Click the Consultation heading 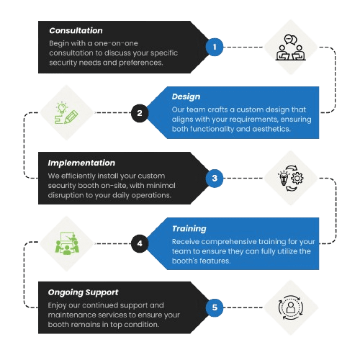(x=75, y=31)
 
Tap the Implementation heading (x=81, y=163)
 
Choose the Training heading (x=189, y=229)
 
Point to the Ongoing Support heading (x=83, y=293)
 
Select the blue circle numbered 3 (x=213, y=178)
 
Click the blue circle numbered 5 (x=213, y=308)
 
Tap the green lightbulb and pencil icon (x=68, y=113)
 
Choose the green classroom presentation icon (x=68, y=244)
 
